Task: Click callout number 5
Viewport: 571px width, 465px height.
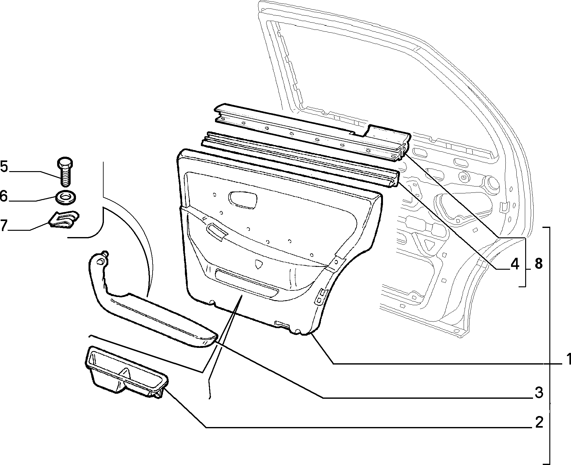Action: [x=4, y=166]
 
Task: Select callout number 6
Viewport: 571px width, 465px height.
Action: [x=4, y=196]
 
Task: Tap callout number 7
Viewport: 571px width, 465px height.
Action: [x=3, y=225]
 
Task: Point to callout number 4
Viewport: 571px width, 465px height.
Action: [x=515, y=264]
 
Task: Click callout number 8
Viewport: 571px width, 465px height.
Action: [x=538, y=264]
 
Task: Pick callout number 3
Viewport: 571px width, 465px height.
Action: [x=539, y=392]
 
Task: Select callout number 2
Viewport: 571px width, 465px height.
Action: [x=539, y=422]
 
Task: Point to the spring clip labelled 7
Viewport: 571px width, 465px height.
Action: [x=64, y=219]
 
